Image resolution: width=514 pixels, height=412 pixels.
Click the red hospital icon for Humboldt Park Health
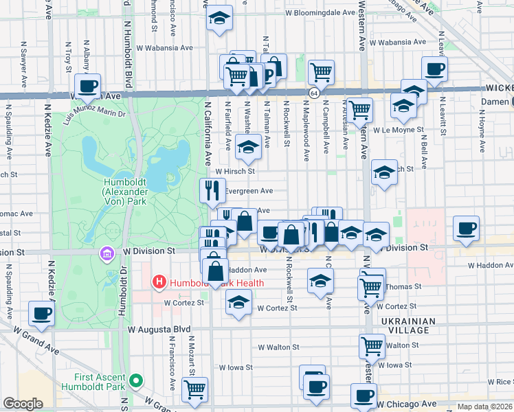pos(159,282)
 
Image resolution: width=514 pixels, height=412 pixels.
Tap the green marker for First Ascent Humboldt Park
pos(136,379)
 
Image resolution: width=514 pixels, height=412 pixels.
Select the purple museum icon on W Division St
pos(106,254)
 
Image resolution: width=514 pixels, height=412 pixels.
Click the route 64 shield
pos(313,93)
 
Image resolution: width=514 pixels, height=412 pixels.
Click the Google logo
pos(23,404)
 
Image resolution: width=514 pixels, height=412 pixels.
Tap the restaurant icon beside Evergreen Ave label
pos(212,190)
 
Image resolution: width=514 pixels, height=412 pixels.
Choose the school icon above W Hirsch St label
pos(248,146)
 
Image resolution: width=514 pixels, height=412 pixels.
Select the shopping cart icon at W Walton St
pos(372,345)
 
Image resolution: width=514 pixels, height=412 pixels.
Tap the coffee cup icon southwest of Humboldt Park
pos(41,314)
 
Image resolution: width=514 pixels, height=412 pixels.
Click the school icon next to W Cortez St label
pos(238,302)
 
